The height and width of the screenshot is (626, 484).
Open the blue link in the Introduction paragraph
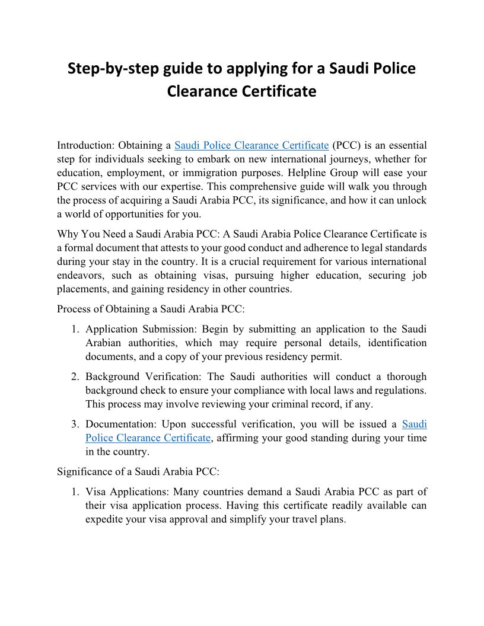coord(251,145)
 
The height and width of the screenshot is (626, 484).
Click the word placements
coord(81,289)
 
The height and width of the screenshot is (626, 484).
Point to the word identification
coord(394,343)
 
